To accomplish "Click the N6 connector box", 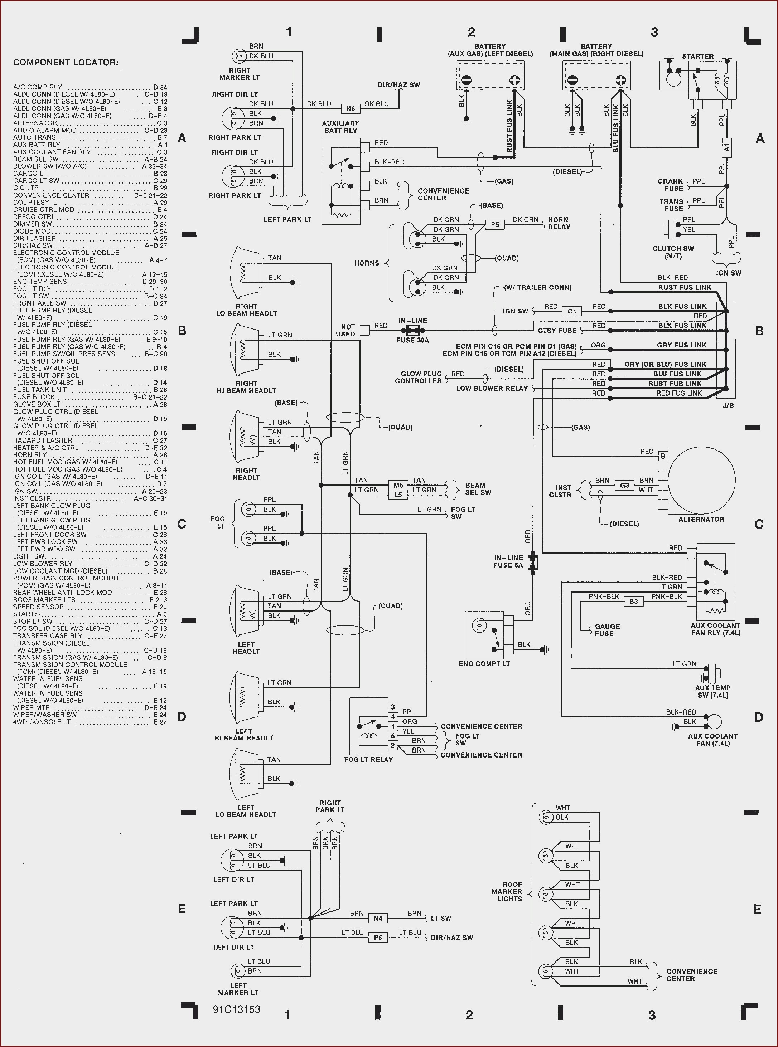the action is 351,109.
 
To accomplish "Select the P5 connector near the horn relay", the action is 495,224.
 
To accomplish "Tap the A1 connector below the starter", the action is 727,147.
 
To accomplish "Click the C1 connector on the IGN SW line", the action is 572,311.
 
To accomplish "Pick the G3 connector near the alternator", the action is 624,485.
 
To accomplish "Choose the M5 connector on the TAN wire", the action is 398,485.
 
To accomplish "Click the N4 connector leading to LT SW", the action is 378,918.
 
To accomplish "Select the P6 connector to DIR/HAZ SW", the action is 378,938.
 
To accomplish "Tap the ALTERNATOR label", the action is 701,520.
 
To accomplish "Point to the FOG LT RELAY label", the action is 368,760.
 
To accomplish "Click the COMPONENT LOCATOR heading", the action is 66,63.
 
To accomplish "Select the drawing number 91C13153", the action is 236,1009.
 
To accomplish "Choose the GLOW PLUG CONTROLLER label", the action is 418,378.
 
